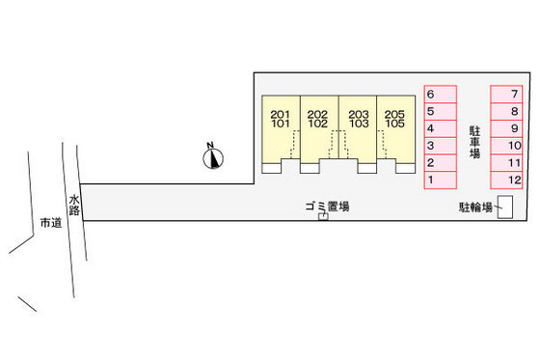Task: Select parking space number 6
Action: [440, 95]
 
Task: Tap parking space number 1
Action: [440, 180]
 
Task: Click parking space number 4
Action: [440, 128]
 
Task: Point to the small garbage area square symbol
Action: [323, 217]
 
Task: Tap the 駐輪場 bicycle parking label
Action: [475, 207]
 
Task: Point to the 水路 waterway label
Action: [74, 208]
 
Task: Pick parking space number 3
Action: [440, 146]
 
